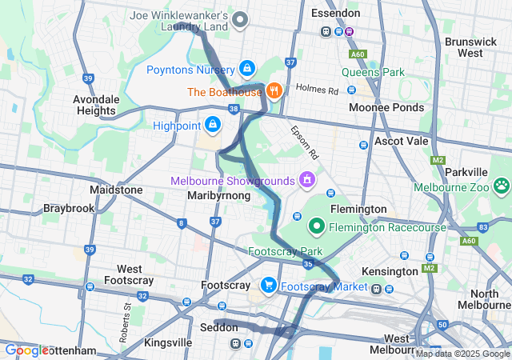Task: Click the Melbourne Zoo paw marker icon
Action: (502, 186)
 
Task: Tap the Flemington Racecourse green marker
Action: (317, 227)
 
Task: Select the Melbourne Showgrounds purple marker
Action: (306, 179)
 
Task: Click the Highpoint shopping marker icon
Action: (213, 125)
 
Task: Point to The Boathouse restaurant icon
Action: (274, 91)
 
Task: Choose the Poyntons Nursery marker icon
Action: (247, 69)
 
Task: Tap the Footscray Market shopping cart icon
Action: (268, 285)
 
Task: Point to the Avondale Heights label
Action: (97, 105)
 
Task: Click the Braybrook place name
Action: (69, 208)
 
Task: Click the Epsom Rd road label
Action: (306, 141)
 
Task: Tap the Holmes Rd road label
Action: (317, 90)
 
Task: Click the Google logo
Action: (26, 350)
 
